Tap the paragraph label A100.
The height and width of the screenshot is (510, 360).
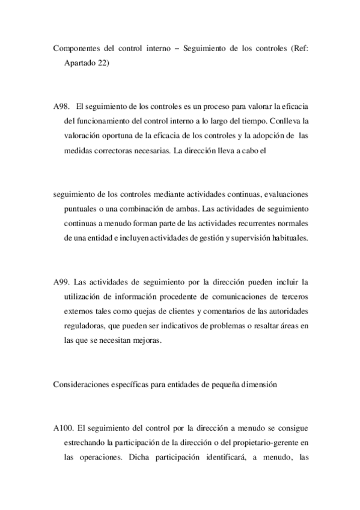(64, 428)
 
